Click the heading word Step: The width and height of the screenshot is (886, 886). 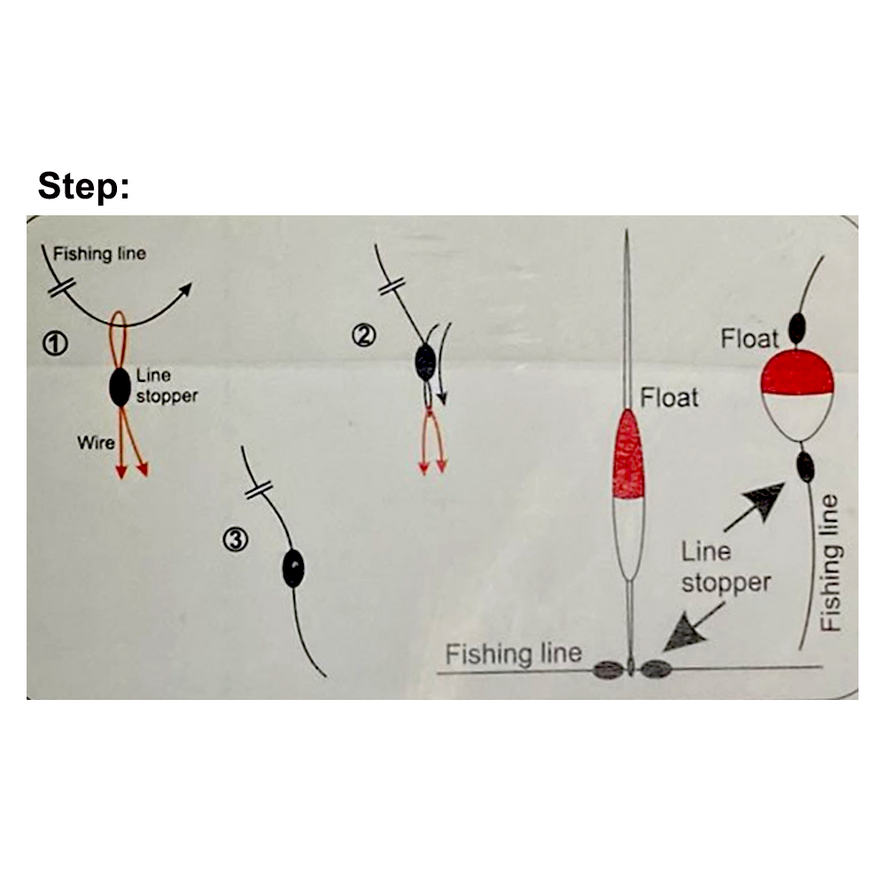(x=83, y=187)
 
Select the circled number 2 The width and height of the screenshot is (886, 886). (x=365, y=335)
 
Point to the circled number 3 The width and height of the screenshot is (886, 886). (x=236, y=539)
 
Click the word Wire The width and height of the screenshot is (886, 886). (x=96, y=442)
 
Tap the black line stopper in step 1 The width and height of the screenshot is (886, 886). (x=120, y=387)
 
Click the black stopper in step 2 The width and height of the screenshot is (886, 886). (x=425, y=362)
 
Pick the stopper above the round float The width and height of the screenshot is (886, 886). (x=797, y=329)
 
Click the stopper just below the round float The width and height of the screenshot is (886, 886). (x=805, y=466)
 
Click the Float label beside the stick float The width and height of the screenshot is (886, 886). (x=669, y=397)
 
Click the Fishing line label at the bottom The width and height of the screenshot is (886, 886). (x=513, y=655)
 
